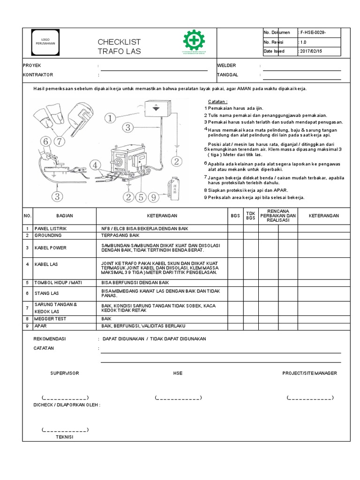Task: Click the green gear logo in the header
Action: click(194, 40)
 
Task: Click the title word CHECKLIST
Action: click(119, 42)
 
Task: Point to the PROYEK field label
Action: click(32, 66)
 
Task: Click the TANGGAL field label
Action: click(227, 75)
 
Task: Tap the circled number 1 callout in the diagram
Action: click(110, 119)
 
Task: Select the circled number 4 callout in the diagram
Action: click(96, 165)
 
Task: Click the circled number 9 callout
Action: click(153, 197)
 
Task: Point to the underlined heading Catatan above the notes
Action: click(217, 102)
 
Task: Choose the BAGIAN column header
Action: click(64, 216)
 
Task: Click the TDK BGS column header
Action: click(251, 216)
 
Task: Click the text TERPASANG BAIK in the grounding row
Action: click(120, 235)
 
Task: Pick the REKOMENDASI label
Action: click(50, 338)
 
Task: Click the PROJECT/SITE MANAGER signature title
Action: click(309, 373)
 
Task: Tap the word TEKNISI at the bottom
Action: click(65, 436)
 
